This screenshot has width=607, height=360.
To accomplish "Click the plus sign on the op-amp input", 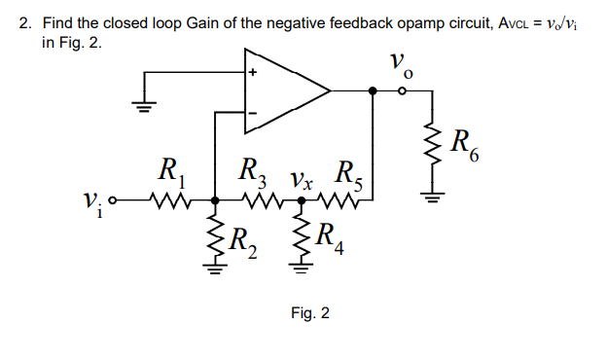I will coord(252,73).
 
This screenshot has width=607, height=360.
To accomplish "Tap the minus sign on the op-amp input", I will coord(252,114).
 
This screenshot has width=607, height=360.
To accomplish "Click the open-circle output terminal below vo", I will coord(403,92).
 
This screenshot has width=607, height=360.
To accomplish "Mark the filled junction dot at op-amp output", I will coord(373,92).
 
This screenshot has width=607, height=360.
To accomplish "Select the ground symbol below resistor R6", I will coord(432,200).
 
